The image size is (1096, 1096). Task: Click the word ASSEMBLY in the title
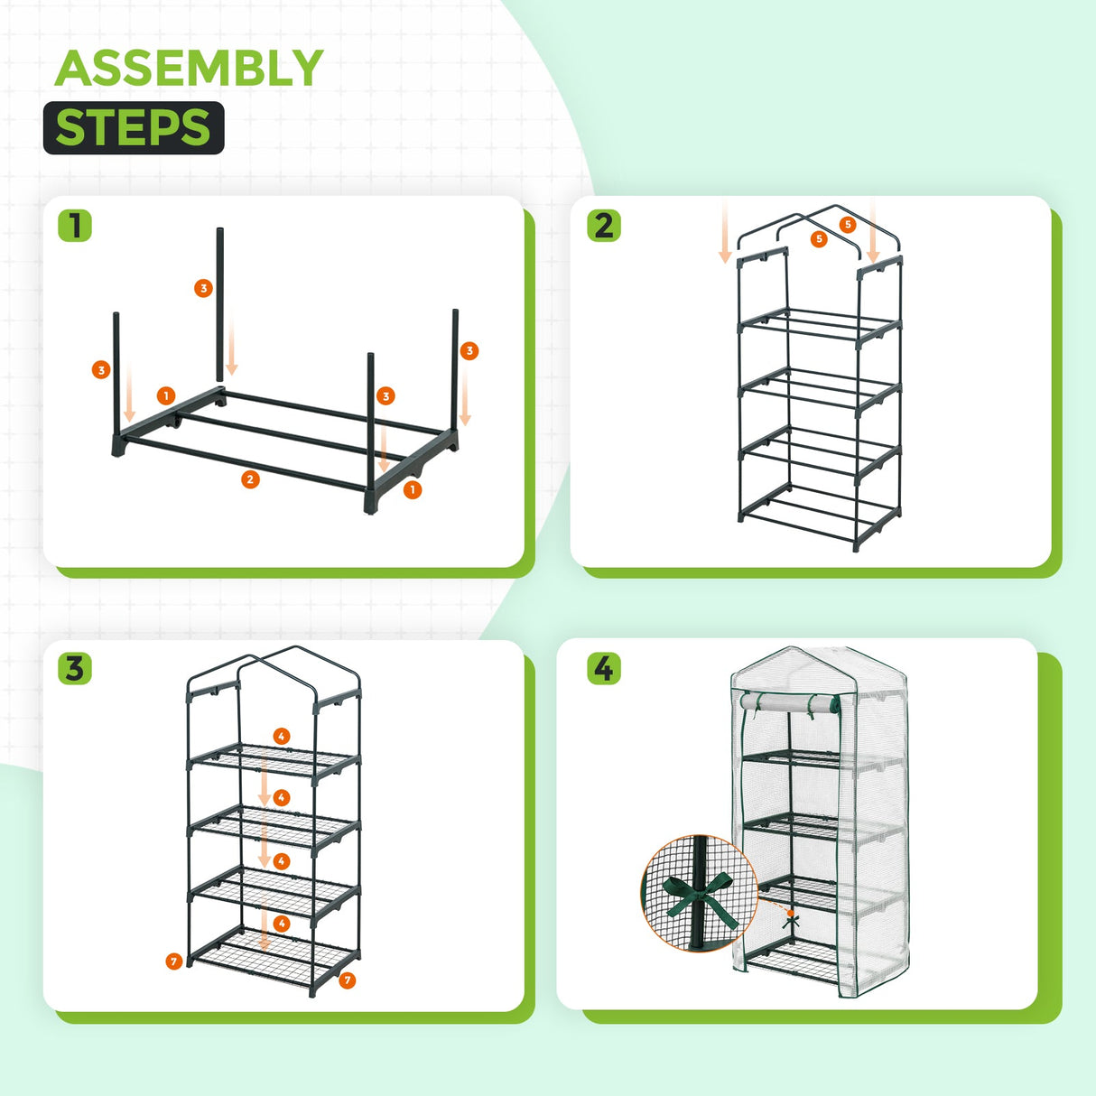pos(189,69)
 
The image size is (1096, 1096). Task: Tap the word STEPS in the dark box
pos(133,127)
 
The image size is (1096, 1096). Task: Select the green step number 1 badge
pos(75,225)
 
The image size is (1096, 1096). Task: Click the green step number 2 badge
pos(604,225)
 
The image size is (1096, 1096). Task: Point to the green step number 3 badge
pos(75,669)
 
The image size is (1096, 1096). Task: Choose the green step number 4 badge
pos(603,669)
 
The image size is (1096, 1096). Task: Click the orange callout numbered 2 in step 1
pos(250,479)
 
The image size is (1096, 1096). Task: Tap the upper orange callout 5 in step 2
pos(847,224)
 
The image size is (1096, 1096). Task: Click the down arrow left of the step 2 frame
pos(724,235)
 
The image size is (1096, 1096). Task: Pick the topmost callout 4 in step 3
pos(282,737)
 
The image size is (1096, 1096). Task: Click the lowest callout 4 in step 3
pos(282,924)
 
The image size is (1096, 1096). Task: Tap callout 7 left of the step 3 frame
pos(174,961)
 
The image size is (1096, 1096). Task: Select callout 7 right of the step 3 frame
pos(348,980)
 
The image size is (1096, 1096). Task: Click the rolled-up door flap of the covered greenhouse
pos(785,702)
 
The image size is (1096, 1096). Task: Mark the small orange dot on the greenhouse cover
pos(791,914)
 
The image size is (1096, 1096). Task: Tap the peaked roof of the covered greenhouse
pos(794,664)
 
